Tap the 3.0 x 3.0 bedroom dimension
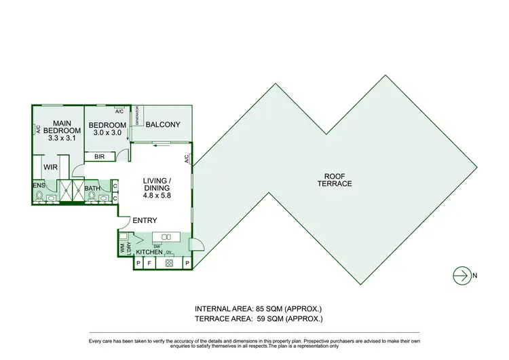pos(107,133)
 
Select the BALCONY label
pos(163,124)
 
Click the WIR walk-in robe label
pos(50,166)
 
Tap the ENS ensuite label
pos(39,184)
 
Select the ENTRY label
pos(145,220)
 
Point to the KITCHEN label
pos(149,252)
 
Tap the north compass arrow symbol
pos(463,275)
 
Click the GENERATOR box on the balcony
pos(135,117)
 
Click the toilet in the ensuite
pos(40,196)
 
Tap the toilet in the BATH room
pos(92,196)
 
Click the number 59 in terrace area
pos(261,318)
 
